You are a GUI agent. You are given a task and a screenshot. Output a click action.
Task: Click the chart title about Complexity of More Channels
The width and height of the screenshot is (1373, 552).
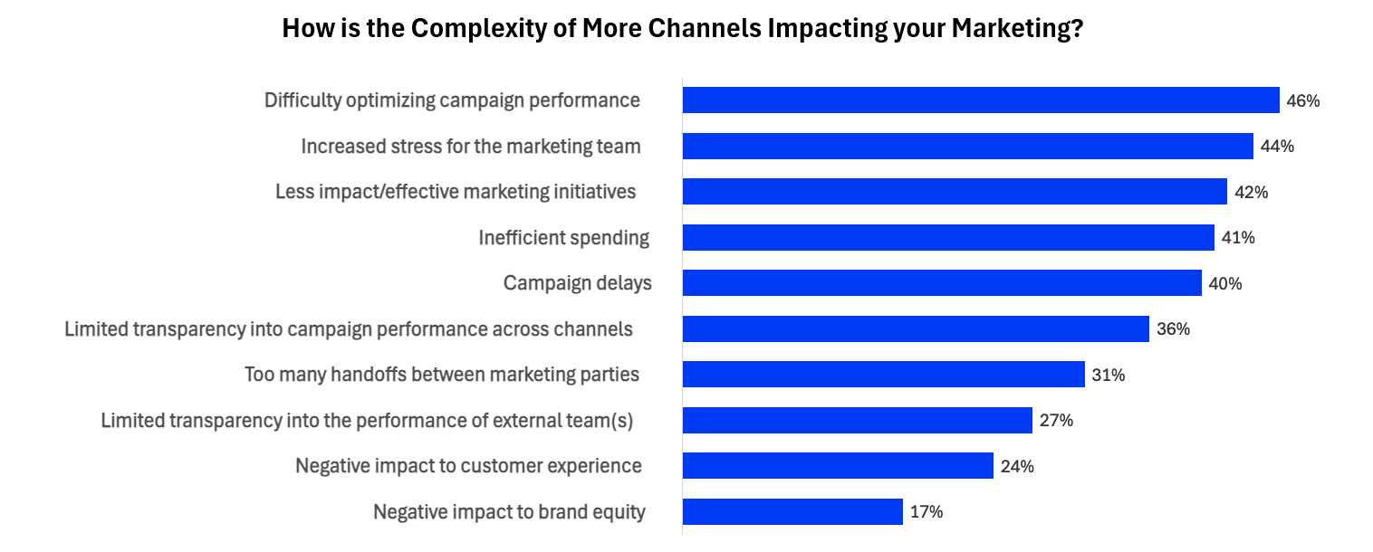683,28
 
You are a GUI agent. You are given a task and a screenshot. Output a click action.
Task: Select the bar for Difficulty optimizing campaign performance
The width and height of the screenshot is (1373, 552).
980,100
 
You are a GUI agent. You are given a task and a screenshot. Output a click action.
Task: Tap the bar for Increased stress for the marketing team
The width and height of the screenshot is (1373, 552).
967,147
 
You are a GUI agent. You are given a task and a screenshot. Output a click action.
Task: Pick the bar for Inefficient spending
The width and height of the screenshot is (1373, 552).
947,238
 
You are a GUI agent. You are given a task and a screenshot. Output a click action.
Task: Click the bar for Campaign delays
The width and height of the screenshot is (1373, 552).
941,283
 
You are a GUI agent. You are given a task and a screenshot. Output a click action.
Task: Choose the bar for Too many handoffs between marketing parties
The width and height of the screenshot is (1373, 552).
883,375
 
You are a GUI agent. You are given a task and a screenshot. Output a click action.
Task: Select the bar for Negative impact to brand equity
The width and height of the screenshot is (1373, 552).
792,511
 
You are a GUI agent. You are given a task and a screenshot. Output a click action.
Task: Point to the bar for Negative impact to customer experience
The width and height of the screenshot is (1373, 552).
838,466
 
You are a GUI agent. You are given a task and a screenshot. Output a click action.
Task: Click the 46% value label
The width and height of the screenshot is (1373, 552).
1302,101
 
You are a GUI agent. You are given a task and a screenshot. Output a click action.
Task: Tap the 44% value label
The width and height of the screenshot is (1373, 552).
1277,147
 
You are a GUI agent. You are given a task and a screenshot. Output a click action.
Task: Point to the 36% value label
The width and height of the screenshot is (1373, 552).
1173,329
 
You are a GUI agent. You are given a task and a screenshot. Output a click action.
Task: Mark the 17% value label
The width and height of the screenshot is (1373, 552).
927,512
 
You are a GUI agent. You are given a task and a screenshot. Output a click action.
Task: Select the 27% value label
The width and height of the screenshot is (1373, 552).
1056,421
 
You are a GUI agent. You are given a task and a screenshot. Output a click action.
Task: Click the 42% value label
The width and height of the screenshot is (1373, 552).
1251,193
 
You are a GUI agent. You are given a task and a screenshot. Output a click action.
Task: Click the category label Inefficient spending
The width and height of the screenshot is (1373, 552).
563,238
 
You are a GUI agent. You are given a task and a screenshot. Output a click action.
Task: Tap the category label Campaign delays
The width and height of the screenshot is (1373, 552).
577,283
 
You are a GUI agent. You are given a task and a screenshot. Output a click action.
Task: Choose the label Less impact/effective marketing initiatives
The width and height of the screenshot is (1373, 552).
456,192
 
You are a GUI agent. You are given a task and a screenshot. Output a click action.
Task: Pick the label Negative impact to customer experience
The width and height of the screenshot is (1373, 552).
468,466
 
